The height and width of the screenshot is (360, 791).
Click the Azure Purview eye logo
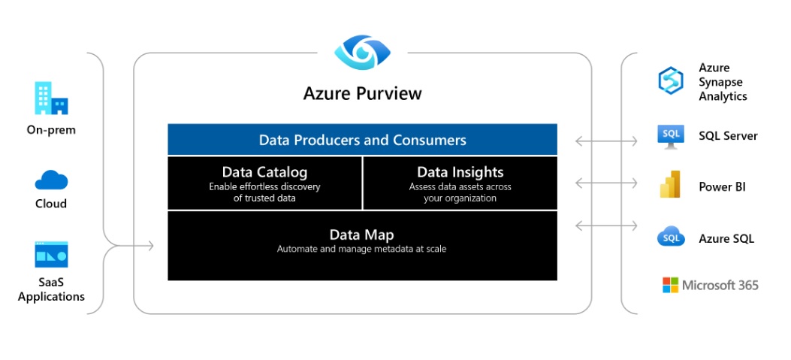(x=363, y=52)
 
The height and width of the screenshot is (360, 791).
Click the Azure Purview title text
(x=362, y=93)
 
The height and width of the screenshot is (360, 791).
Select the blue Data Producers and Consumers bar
(x=362, y=139)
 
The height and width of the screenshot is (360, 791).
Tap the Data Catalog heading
(x=264, y=171)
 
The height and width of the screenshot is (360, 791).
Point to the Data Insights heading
(x=460, y=171)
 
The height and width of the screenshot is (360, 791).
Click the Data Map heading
(x=362, y=234)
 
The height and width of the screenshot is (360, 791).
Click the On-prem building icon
(x=51, y=98)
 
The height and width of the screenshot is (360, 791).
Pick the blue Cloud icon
(x=51, y=180)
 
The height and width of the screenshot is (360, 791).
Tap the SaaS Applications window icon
(x=51, y=254)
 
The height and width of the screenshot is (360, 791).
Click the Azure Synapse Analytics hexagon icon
(x=670, y=81)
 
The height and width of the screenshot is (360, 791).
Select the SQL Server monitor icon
(x=670, y=136)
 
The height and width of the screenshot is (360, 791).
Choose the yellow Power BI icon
(x=670, y=184)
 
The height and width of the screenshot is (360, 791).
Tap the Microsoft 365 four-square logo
(x=670, y=285)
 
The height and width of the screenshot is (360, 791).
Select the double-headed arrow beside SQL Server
(x=606, y=141)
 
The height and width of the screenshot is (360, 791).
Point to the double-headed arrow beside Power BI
(x=606, y=183)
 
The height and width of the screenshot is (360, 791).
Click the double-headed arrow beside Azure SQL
(x=606, y=225)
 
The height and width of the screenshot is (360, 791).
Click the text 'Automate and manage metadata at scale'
(x=362, y=249)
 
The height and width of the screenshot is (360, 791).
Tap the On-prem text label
(x=51, y=130)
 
